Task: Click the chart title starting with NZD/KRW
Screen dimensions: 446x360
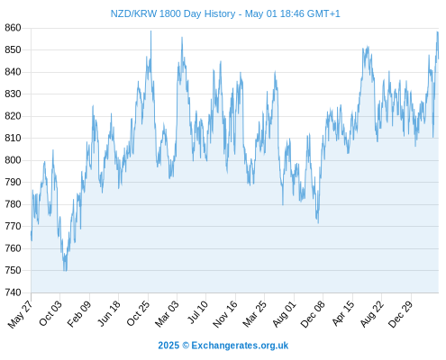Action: [x=225, y=13]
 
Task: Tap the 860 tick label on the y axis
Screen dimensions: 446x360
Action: [x=13, y=28]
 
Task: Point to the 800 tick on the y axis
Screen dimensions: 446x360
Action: [x=13, y=160]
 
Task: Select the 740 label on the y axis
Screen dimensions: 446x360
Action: [x=13, y=292]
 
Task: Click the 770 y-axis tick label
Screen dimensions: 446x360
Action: [x=13, y=226]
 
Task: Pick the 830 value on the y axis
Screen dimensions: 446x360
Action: [x=13, y=94]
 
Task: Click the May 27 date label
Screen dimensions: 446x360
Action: [x=20, y=314]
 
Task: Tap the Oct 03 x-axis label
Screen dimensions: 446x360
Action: [x=50, y=313]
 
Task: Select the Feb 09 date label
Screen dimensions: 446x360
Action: [x=79, y=314]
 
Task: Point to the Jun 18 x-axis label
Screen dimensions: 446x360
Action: [x=109, y=313]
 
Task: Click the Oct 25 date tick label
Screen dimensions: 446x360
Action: [x=138, y=313]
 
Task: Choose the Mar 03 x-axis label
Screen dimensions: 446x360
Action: [x=167, y=314]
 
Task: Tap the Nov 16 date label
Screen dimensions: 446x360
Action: [x=225, y=314]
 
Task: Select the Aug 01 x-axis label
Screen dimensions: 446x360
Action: [x=284, y=314]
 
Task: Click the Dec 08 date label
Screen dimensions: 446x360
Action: [x=313, y=314]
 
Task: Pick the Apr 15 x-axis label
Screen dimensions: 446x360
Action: [x=343, y=313]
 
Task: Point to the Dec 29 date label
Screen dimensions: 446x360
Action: [x=401, y=314]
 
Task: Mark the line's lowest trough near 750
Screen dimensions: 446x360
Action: [x=65, y=270]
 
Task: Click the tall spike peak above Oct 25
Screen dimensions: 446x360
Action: [x=150, y=31]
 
